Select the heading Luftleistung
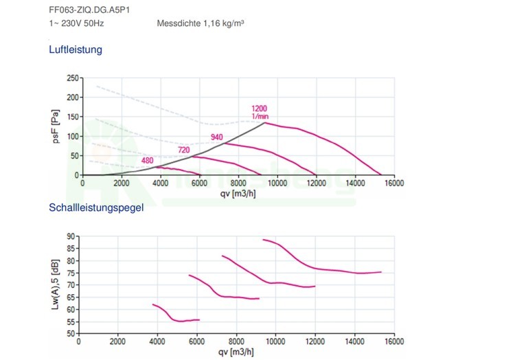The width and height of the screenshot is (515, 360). (76, 50)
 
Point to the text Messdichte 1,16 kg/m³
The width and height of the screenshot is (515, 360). (201, 23)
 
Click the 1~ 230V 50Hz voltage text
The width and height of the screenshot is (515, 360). (73, 23)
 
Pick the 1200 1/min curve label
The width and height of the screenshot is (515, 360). (259, 112)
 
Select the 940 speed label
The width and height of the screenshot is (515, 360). (217, 137)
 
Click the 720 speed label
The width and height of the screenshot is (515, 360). (184, 150)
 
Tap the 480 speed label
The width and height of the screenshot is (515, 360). (147, 161)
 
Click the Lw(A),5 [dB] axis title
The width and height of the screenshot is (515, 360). (55, 285)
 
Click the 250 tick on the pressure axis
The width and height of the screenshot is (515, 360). (73, 78)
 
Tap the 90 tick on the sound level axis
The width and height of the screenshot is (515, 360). (70, 236)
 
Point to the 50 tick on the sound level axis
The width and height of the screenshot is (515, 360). (70, 334)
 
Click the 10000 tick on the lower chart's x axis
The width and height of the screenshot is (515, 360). (275, 341)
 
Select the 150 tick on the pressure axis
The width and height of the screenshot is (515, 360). (73, 117)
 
